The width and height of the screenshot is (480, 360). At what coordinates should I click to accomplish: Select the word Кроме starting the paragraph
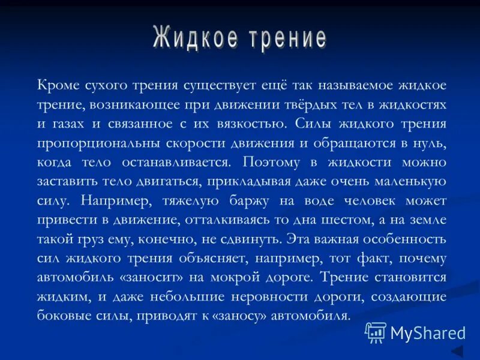56,86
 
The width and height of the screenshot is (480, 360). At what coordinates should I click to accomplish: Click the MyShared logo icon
376,332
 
